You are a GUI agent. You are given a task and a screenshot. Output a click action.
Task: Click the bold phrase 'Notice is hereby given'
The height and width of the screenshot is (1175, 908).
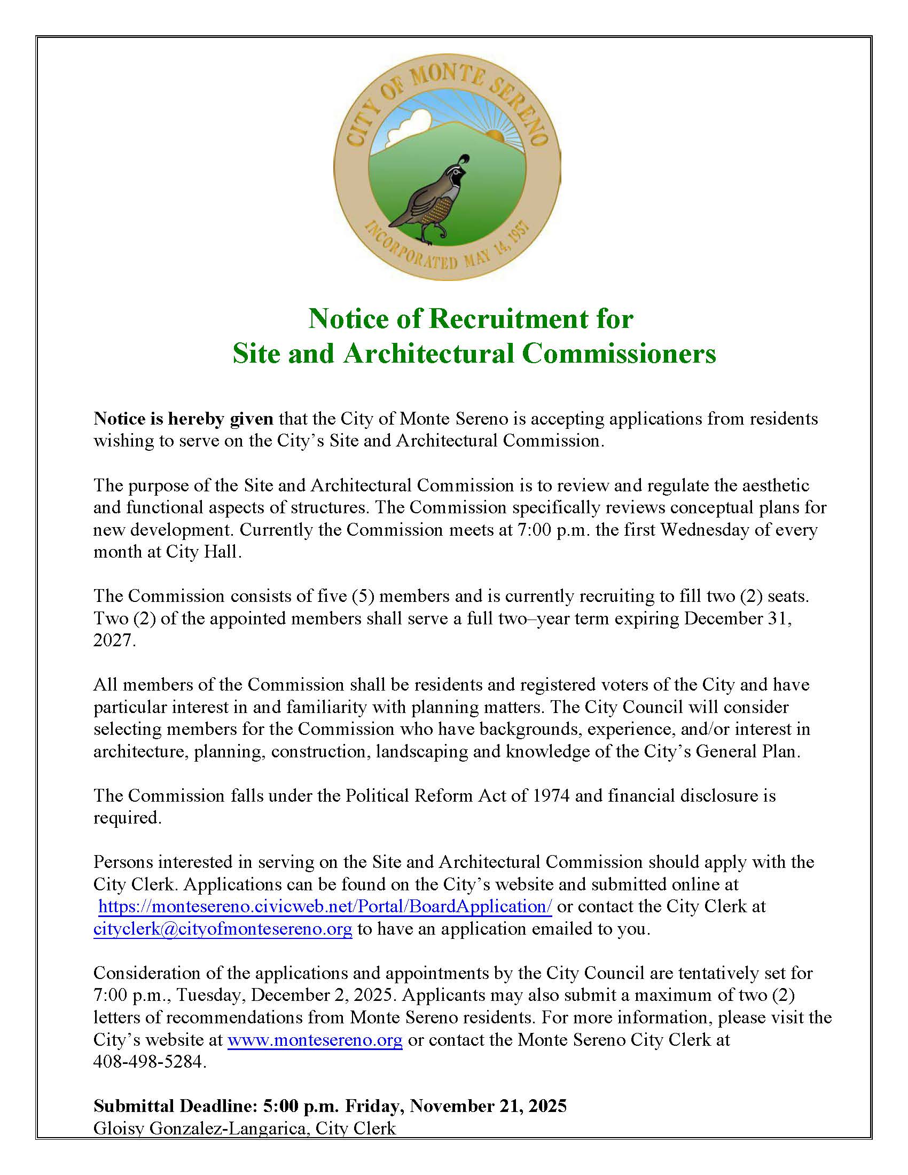pyautogui.click(x=183, y=419)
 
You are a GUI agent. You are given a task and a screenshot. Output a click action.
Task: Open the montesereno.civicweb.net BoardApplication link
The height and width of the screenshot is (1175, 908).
pyautogui.click(x=325, y=906)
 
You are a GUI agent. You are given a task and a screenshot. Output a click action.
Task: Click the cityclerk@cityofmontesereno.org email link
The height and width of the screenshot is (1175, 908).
pyautogui.click(x=223, y=929)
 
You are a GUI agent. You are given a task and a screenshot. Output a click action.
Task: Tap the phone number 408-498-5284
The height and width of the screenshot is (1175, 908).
pyautogui.click(x=150, y=1061)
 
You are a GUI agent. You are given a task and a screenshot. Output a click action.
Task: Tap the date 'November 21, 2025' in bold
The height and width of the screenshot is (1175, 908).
pyautogui.click(x=488, y=1106)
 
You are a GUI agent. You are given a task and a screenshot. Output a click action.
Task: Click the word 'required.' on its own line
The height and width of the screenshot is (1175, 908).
pyautogui.click(x=127, y=818)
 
